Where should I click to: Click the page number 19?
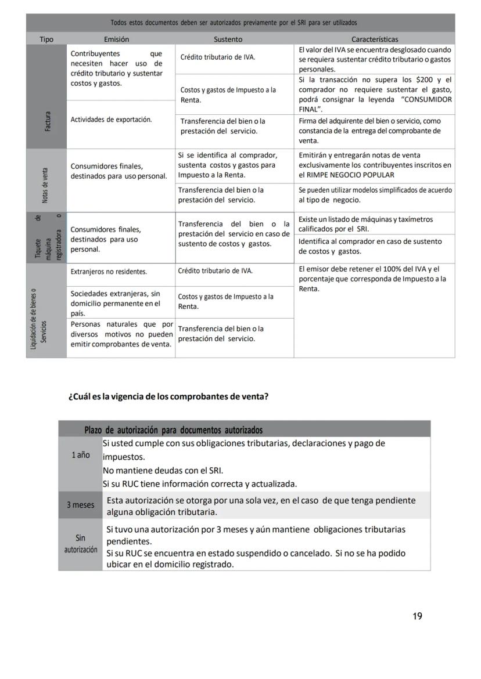coord(417,616)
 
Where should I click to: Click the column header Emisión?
coord(116,39)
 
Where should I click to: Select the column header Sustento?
coord(228,39)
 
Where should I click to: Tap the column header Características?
coord(375,39)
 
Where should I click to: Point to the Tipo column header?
coord(46,39)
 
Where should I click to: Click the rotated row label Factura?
coord(47,121)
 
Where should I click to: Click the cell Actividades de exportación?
coord(111,120)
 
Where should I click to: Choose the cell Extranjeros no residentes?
coord(109,271)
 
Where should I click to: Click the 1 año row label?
coord(81,455)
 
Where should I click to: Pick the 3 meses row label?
coord(80,505)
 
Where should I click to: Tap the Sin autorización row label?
coord(81,544)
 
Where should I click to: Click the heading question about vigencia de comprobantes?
coord(168,397)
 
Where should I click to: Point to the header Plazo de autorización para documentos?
coord(173,430)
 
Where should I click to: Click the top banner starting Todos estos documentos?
coord(234,23)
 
